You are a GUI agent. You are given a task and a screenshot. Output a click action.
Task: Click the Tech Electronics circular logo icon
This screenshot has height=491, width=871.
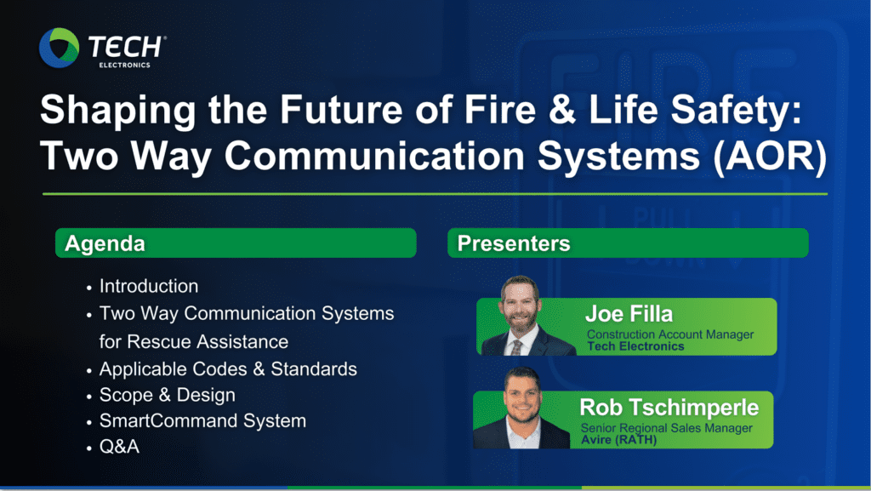pyautogui.click(x=59, y=48)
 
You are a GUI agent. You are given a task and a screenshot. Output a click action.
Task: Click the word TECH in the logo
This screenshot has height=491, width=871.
pyautogui.click(x=125, y=47)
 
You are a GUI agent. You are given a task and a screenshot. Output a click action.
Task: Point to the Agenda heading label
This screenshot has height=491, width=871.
pyautogui.click(x=105, y=243)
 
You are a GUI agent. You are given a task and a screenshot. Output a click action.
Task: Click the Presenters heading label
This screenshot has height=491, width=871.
pyautogui.click(x=514, y=243)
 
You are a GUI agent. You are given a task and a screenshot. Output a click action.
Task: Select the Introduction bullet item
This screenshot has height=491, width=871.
pyautogui.click(x=149, y=286)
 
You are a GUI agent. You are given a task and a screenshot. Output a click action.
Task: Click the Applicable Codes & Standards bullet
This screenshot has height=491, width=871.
pyautogui.click(x=228, y=368)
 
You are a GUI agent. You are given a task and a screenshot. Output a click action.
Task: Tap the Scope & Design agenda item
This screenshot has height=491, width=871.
pyautogui.click(x=168, y=395)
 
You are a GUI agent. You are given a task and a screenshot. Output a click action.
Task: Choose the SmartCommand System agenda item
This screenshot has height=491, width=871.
pyautogui.click(x=202, y=421)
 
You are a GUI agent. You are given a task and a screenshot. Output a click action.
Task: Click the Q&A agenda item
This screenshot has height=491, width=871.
pyautogui.click(x=119, y=447)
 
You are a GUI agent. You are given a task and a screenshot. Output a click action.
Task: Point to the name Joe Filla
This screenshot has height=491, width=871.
pyautogui.click(x=629, y=314)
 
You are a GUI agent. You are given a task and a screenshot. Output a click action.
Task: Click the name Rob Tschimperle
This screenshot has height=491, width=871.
pyautogui.click(x=669, y=408)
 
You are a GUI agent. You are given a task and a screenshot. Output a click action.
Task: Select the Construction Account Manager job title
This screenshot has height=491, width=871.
pyautogui.click(x=670, y=334)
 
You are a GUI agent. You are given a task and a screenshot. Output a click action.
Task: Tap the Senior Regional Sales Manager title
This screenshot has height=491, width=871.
pyautogui.click(x=667, y=428)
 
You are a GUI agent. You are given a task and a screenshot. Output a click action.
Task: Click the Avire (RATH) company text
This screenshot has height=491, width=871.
pyautogui.click(x=619, y=440)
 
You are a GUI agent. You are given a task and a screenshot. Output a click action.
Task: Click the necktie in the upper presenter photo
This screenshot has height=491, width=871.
pyautogui.click(x=516, y=347)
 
